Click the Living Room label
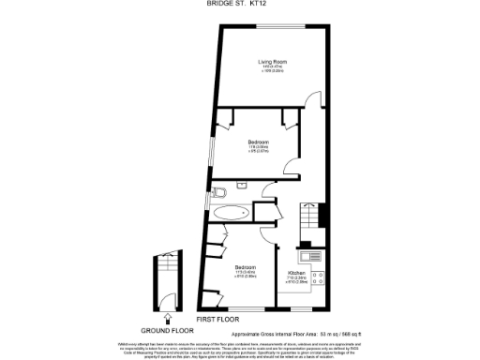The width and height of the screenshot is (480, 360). (x=272, y=62)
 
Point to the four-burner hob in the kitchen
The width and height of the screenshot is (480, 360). (x=318, y=277)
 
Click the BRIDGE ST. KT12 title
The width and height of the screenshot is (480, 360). (x=240, y=4)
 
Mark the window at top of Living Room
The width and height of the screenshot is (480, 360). (x=272, y=22)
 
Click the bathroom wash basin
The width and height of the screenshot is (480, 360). (x=244, y=187)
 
